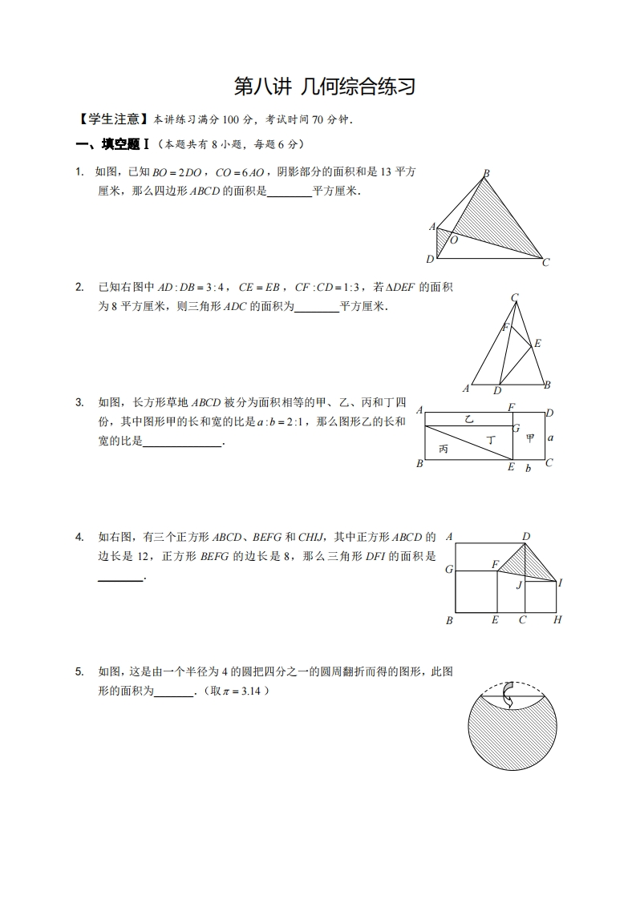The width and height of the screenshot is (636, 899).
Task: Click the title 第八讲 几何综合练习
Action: (324, 87)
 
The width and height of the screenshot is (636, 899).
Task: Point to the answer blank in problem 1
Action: (289, 192)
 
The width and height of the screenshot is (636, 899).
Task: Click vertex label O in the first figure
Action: (454, 240)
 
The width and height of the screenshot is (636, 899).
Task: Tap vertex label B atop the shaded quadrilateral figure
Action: (486, 173)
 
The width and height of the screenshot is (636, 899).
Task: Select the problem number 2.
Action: (79, 287)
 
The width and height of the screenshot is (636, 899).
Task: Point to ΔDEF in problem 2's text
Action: (401, 287)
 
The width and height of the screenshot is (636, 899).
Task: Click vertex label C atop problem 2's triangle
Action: (514, 298)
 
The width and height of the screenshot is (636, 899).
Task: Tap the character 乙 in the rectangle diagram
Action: (469, 418)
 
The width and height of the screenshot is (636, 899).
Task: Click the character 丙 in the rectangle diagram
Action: (444, 449)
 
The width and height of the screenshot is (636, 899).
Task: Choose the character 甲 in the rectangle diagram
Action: (530, 438)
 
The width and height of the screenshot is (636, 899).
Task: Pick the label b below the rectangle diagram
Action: (528, 469)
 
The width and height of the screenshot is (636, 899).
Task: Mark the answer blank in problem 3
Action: (182, 443)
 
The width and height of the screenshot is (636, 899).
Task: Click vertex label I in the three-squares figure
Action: (560, 583)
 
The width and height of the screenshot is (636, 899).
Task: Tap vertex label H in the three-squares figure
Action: (557, 620)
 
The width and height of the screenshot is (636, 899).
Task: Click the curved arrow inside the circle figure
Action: (507, 695)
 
